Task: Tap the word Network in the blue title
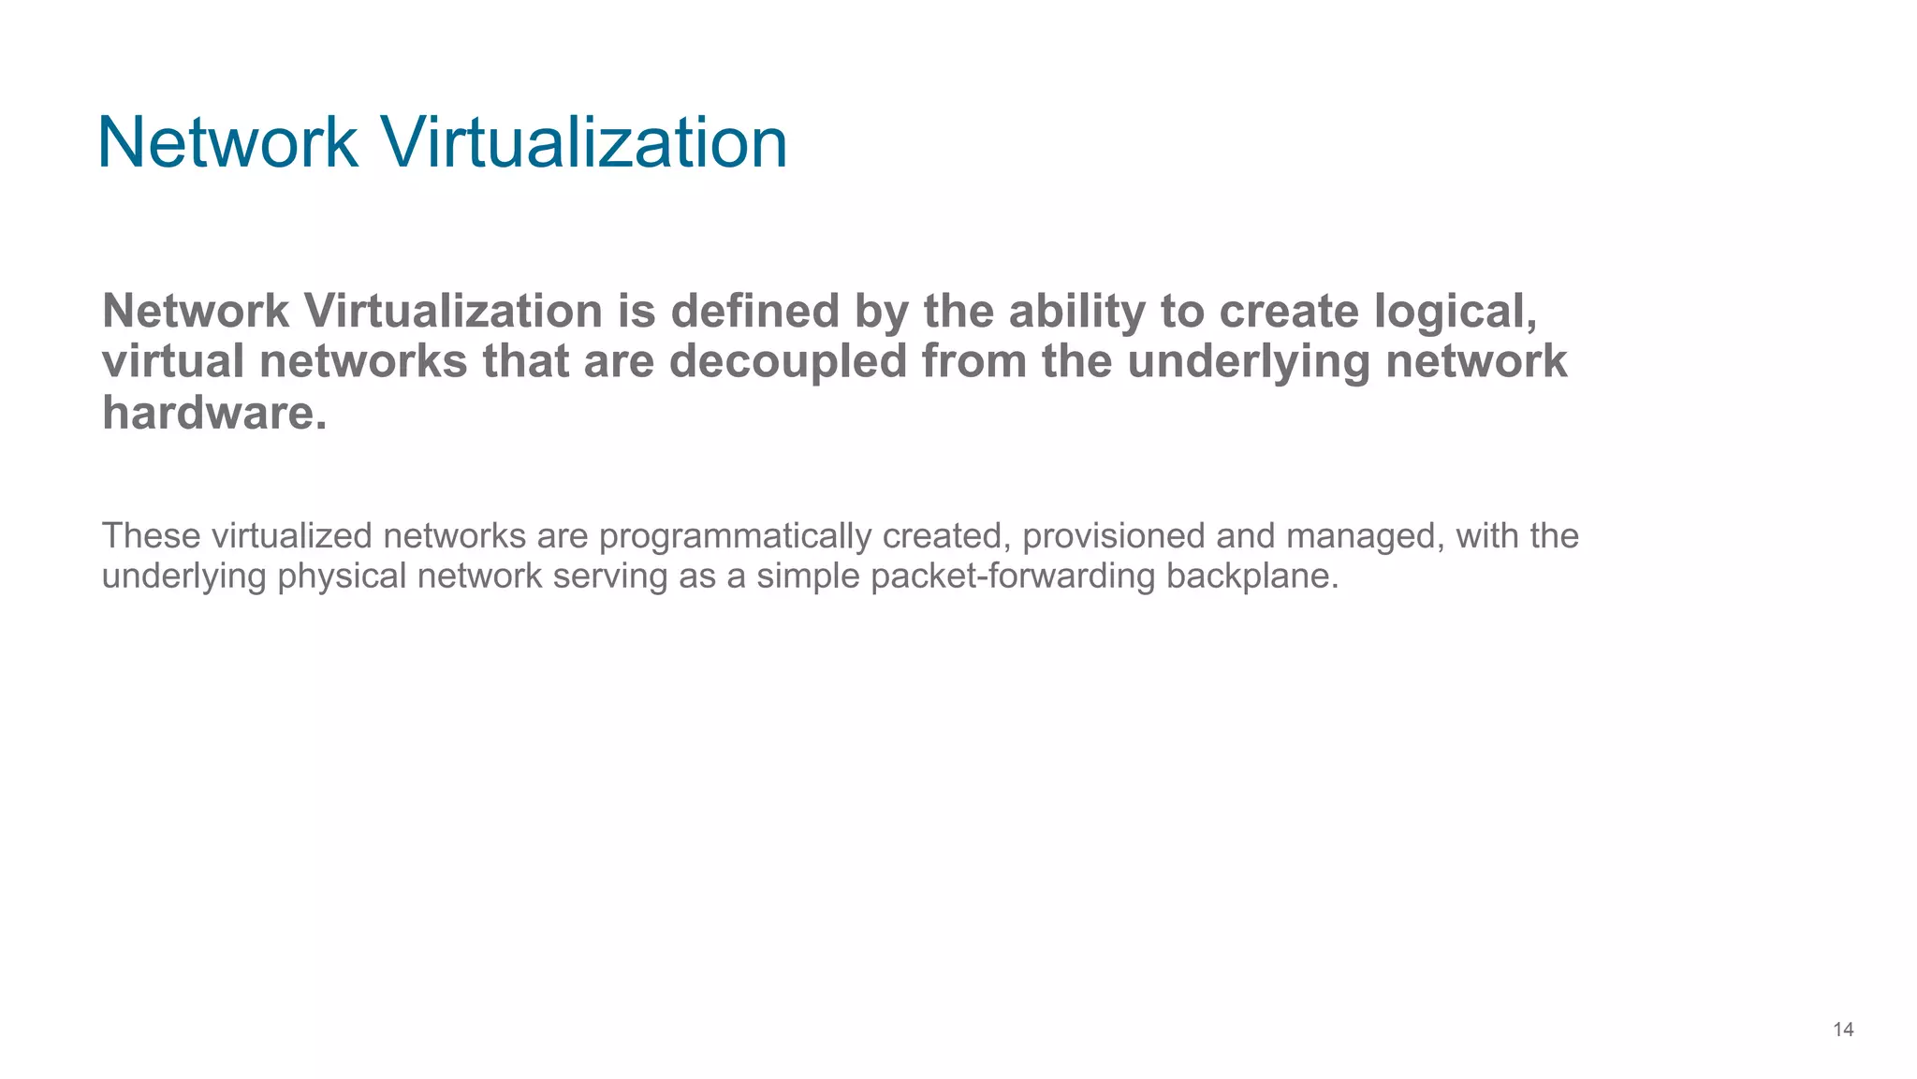[227, 143]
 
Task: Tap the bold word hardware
[214, 413]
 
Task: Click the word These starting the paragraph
[150, 536]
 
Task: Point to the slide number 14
[1843, 1030]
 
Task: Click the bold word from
[974, 362]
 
